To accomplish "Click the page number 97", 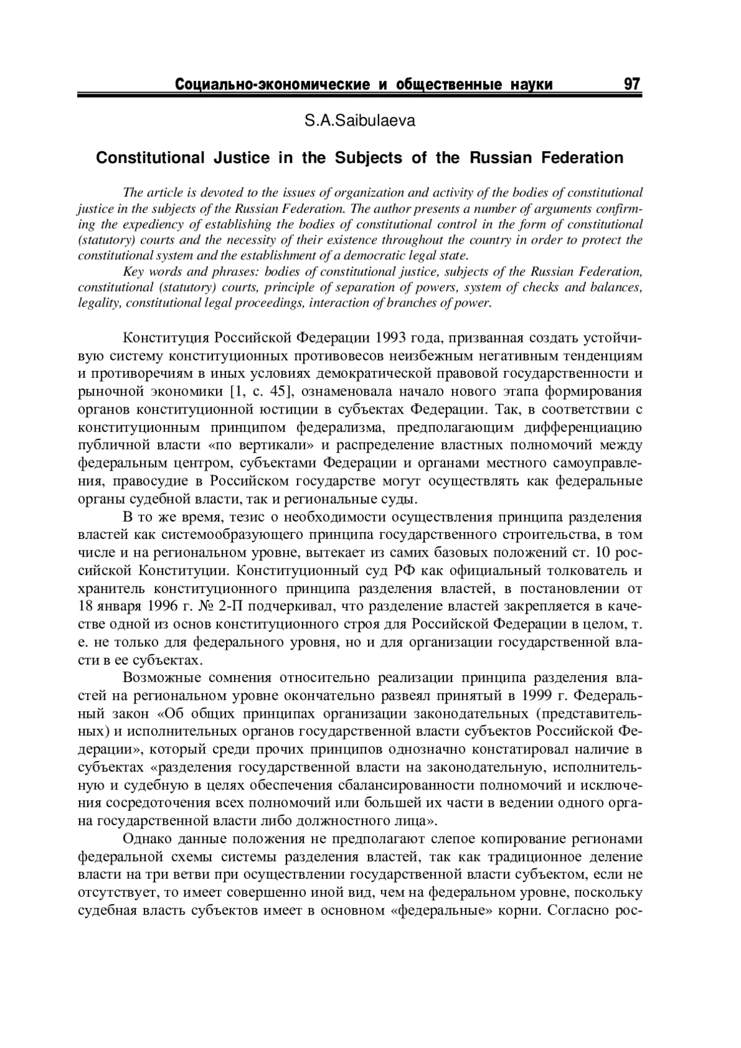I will click(x=632, y=83).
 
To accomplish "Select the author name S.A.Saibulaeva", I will click(x=360, y=121).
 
